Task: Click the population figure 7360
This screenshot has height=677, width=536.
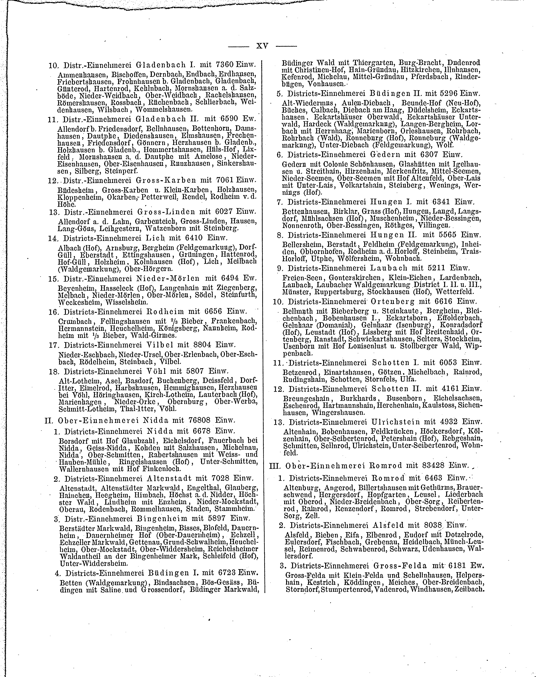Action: (226, 66)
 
